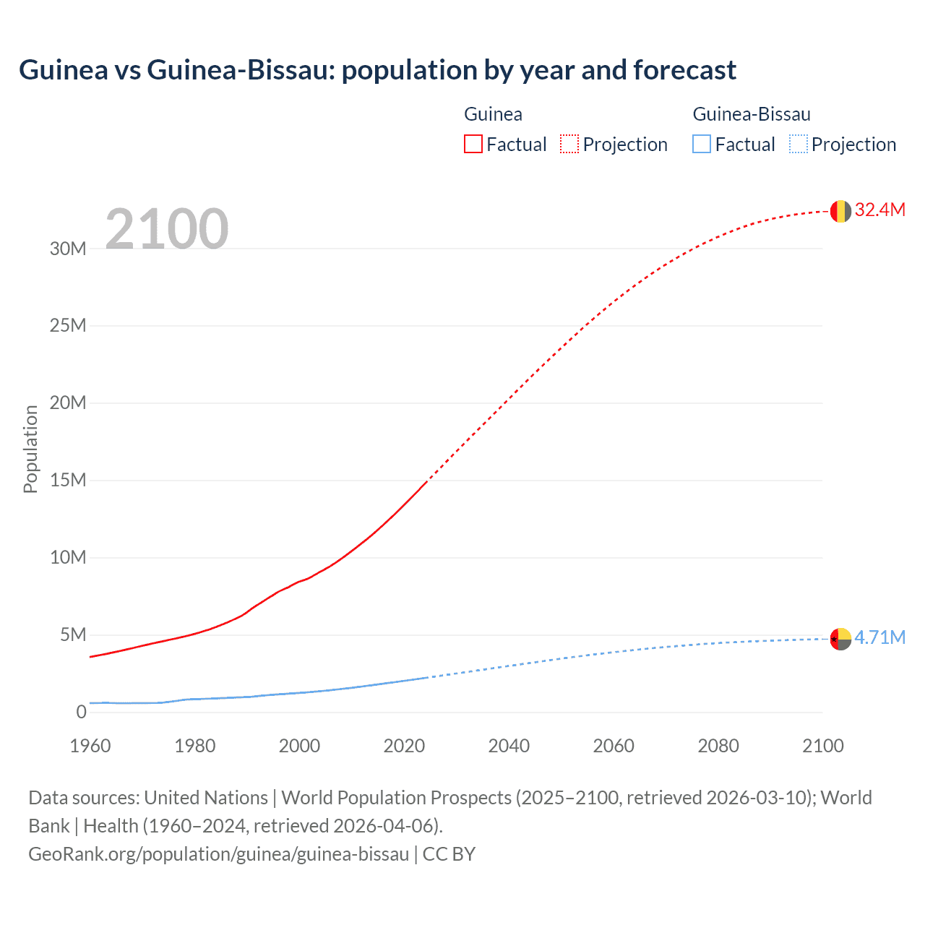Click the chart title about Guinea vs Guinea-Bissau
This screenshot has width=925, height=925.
377,70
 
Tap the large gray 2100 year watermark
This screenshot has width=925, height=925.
167,229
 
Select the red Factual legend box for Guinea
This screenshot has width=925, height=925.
473,144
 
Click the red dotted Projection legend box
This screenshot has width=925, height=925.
569,144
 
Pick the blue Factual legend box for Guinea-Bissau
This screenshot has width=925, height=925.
702,144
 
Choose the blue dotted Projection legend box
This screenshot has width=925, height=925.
799,144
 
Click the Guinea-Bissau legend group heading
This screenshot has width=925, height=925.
752,114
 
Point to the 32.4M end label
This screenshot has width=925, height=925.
879,210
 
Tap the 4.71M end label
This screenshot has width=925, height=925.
879,637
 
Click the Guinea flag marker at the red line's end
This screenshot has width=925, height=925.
840,211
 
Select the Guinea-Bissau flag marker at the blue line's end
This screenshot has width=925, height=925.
840,639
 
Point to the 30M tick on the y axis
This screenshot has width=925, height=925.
68,249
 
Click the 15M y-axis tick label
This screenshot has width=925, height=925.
68,480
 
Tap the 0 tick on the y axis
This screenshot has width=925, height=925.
81,712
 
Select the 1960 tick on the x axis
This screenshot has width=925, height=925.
90,746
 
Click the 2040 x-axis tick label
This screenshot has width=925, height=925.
509,746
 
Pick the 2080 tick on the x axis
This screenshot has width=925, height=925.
718,746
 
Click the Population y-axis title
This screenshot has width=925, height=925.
30,449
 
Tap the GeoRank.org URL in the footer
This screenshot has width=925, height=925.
218,854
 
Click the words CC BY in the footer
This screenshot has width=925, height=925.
449,854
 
